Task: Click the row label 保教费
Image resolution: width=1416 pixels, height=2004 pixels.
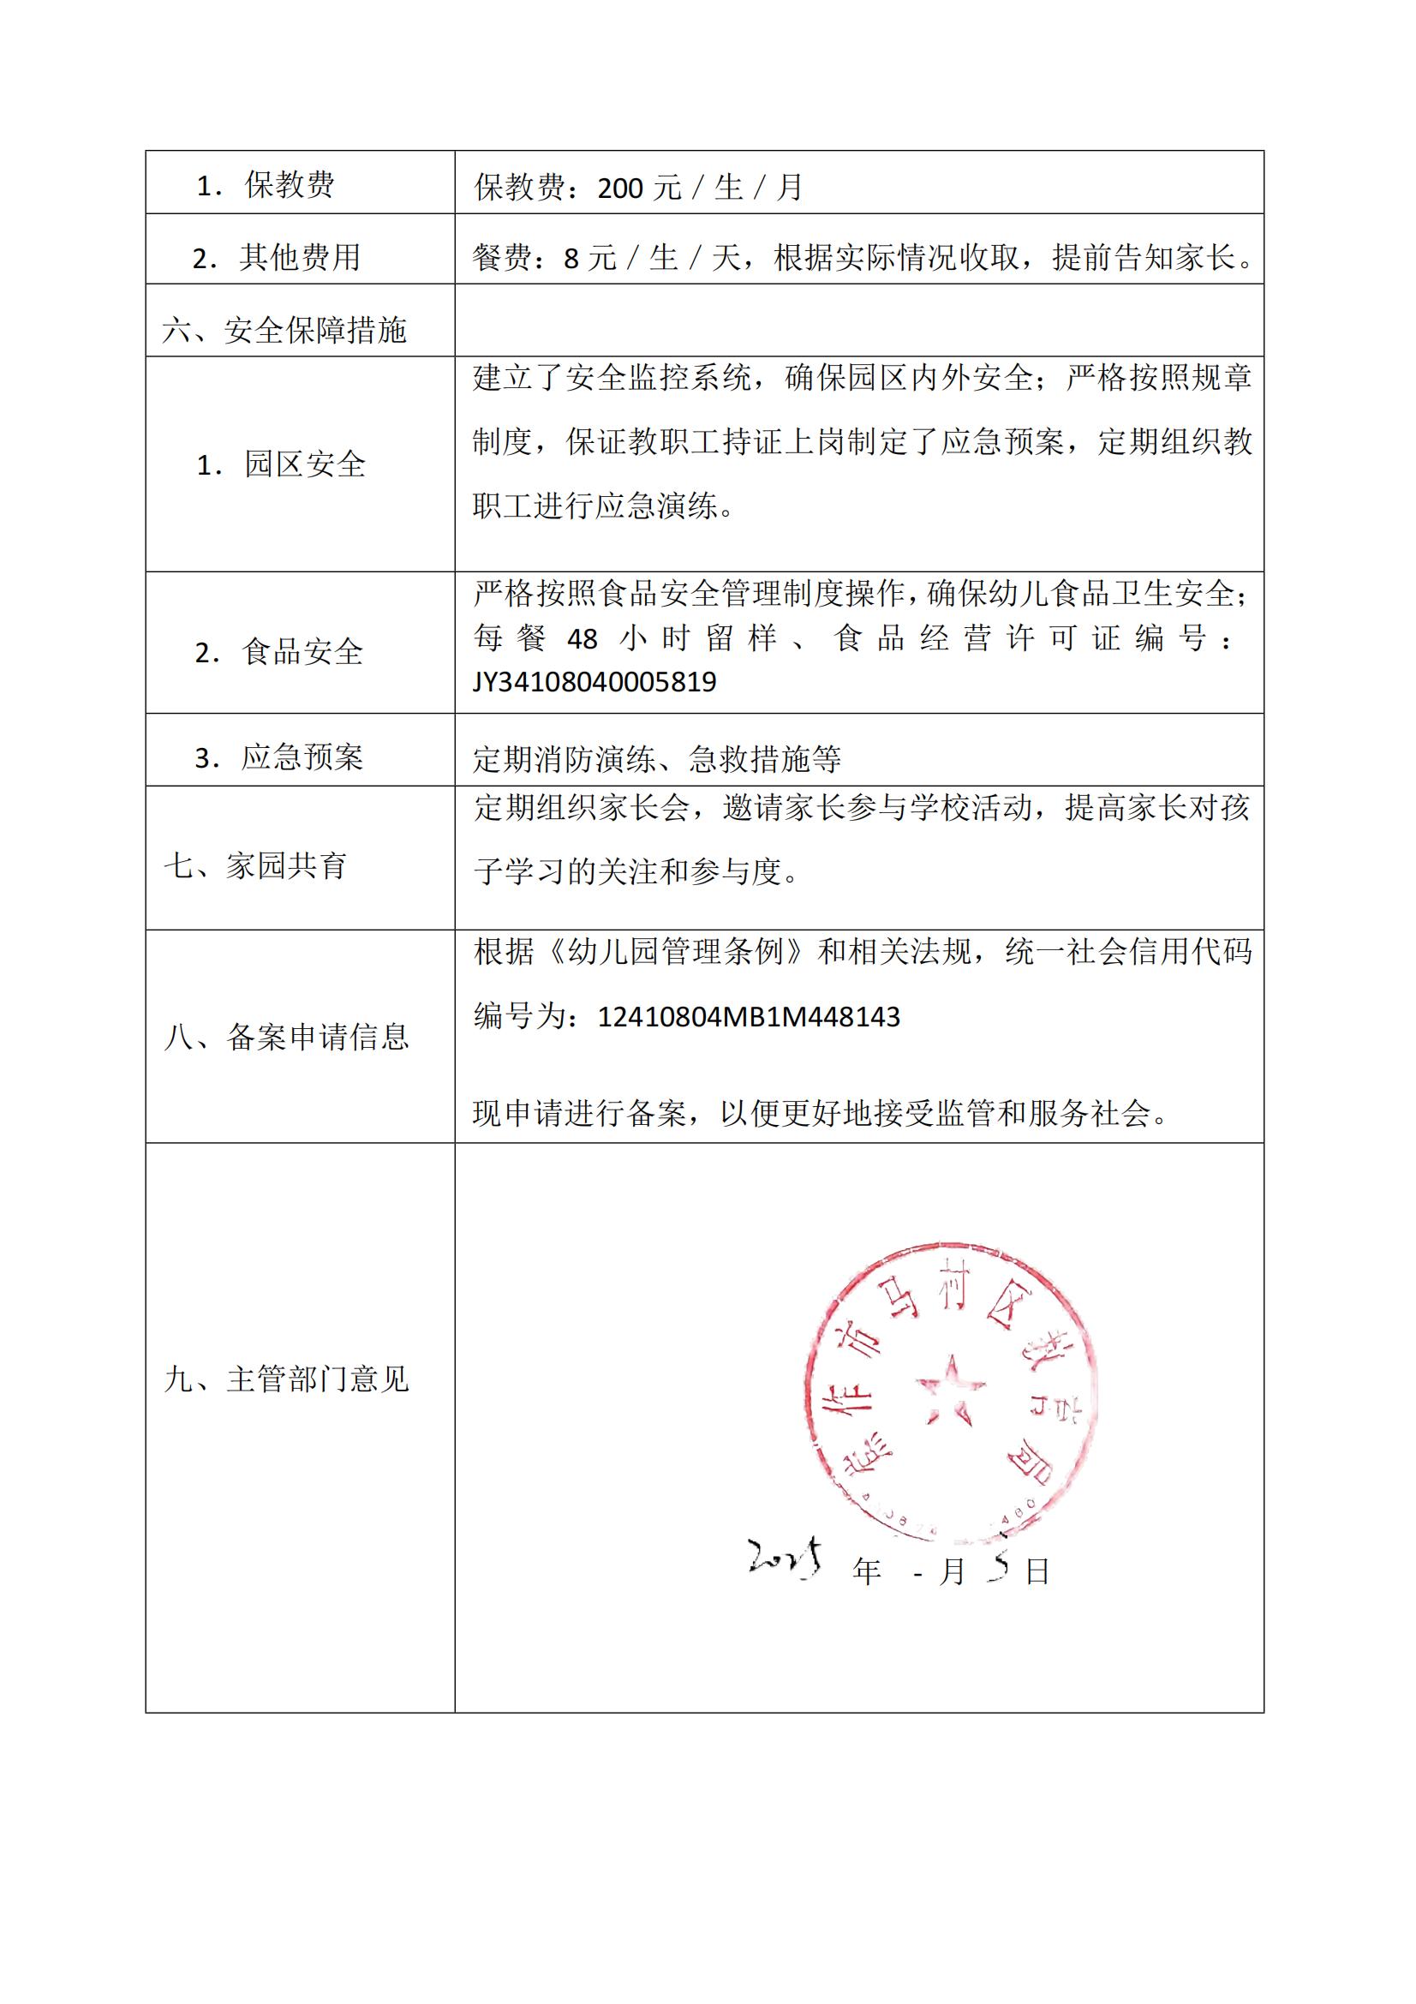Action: click(289, 185)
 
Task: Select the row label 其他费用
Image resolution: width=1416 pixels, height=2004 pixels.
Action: click(299, 258)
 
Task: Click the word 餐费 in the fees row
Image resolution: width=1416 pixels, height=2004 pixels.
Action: click(502, 258)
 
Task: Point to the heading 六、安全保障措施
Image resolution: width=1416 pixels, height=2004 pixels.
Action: click(285, 330)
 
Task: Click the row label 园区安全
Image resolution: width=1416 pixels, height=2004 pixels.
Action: click(304, 464)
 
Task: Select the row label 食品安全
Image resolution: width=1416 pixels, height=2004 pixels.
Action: click(302, 652)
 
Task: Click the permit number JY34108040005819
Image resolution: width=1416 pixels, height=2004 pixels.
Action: click(594, 682)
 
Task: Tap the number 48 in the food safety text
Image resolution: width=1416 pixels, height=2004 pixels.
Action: click(582, 640)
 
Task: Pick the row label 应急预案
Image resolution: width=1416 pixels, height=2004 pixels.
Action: click(302, 757)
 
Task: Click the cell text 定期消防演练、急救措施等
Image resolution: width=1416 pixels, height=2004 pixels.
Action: click(657, 759)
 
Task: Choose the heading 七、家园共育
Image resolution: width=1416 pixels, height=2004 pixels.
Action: click(256, 866)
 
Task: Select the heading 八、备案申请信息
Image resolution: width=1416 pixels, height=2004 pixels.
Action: click(287, 1036)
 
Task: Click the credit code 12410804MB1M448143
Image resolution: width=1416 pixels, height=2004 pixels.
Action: click(749, 1017)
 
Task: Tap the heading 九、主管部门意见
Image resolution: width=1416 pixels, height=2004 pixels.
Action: click(287, 1379)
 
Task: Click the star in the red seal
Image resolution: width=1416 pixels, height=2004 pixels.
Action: click(950, 1389)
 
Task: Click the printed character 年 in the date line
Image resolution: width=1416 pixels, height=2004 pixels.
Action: click(867, 1572)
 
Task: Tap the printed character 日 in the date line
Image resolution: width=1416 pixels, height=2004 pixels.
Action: click(1037, 1572)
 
